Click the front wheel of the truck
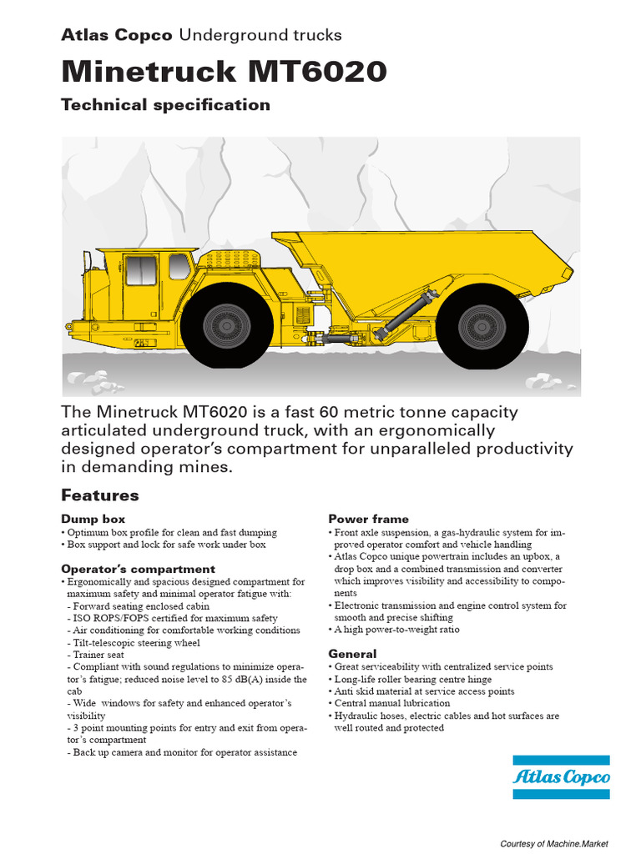click(227, 325)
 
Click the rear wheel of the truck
click(482, 326)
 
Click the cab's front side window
click(140, 270)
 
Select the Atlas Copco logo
click(561, 777)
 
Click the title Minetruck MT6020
click(224, 73)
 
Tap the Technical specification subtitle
click(166, 105)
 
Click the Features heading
click(100, 495)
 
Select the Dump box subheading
click(93, 520)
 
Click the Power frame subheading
click(369, 520)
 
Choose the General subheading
click(352, 655)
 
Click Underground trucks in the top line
click(260, 35)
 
